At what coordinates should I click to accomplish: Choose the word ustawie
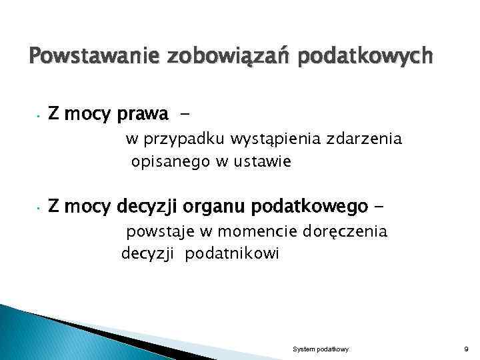[x=259, y=162]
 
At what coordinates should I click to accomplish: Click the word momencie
[x=246, y=232]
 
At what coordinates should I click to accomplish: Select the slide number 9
[x=466, y=349]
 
